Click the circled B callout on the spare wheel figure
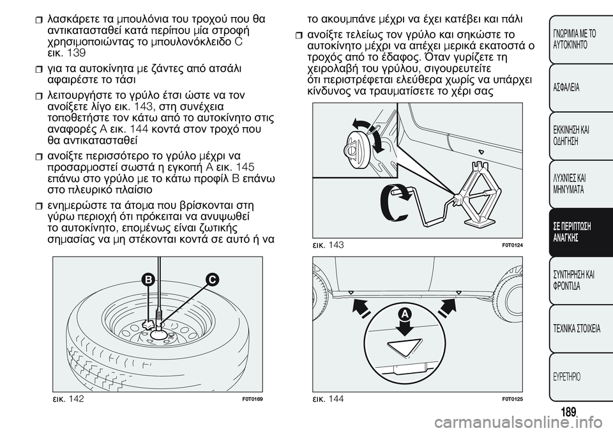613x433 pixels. point(148,280)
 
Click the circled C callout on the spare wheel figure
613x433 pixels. point(211,280)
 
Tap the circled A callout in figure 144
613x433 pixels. point(406,314)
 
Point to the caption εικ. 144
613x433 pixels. point(328,399)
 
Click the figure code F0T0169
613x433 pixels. point(252,399)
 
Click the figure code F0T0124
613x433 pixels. point(513,245)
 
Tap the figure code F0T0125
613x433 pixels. point(513,399)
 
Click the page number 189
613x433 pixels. point(568,412)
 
